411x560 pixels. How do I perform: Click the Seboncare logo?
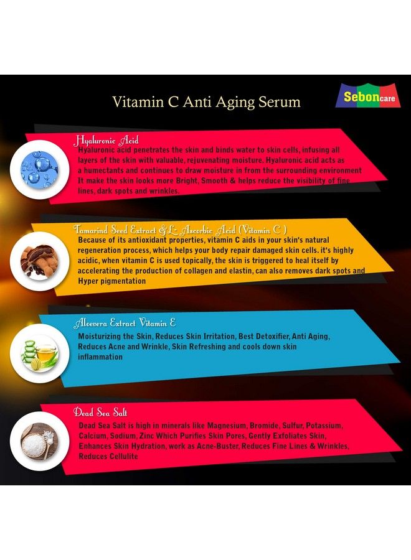pyautogui.click(x=368, y=96)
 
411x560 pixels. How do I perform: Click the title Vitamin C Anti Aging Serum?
pyautogui.click(x=206, y=101)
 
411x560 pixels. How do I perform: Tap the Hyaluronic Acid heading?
pyautogui.click(x=106, y=141)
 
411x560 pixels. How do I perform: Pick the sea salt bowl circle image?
pyautogui.click(x=39, y=441)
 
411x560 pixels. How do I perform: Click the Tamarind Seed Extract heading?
pyautogui.click(x=181, y=229)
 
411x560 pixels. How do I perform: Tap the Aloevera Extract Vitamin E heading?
pyautogui.click(x=125, y=324)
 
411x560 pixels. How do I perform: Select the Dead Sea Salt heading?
pyautogui.click(x=101, y=412)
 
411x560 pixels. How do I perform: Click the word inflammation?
pyautogui.click(x=100, y=357)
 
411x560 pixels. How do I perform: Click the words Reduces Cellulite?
pyautogui.click(x=108, y=457)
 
